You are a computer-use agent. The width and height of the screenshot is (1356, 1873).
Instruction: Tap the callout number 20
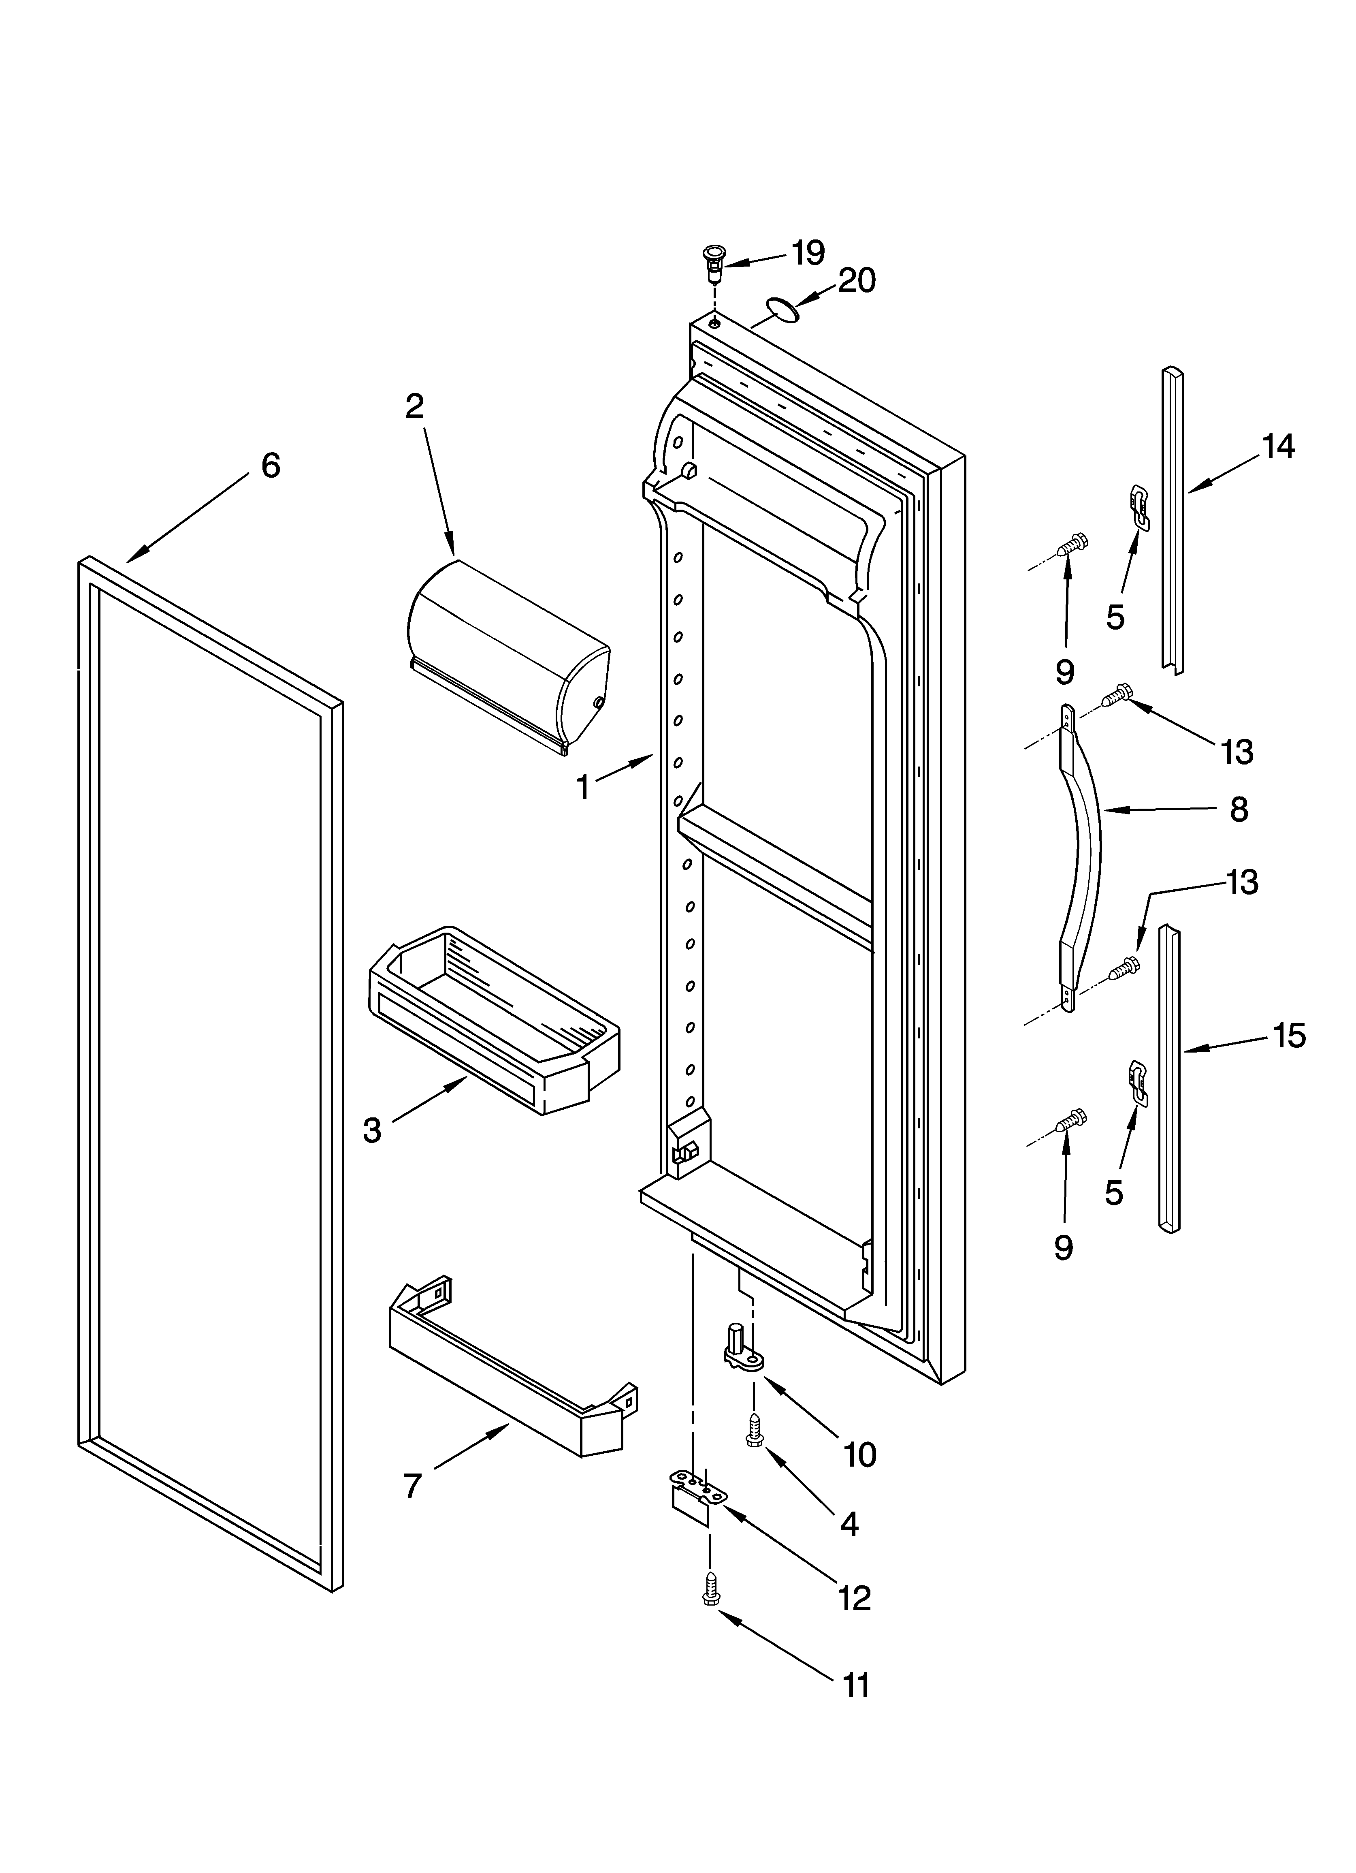tap(856, 281)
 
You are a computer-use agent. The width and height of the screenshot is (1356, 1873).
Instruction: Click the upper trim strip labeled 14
tap(1173, 520)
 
